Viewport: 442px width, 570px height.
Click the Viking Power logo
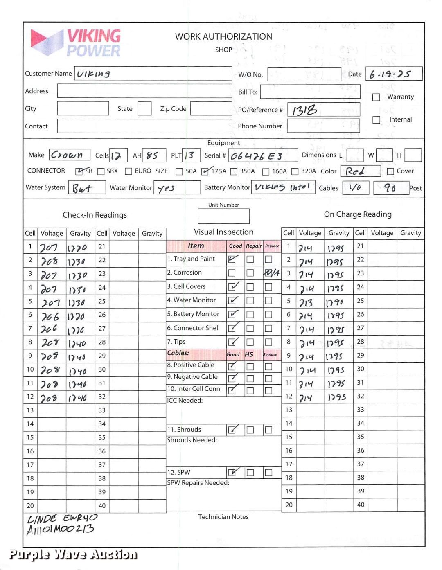76,43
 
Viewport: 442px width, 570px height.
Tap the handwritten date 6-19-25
390,74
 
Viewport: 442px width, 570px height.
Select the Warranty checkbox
376,97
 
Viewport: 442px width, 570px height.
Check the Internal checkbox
376,119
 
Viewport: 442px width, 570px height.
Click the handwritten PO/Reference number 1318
304,110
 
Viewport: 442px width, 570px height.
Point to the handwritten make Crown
67,155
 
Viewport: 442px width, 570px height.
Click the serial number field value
257,156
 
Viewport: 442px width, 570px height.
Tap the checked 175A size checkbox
205,171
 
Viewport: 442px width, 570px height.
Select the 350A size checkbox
234,171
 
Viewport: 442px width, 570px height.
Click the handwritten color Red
355,171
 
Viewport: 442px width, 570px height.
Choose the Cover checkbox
390,171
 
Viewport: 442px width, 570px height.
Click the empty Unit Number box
223,216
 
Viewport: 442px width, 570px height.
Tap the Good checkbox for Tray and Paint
232,259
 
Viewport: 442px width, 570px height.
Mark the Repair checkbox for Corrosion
250,273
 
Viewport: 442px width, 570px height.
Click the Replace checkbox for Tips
268,342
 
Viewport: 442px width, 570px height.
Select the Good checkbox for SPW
232,473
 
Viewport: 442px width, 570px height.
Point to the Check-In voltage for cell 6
50,316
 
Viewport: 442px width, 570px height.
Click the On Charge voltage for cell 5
306,303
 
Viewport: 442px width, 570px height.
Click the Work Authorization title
223,36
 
